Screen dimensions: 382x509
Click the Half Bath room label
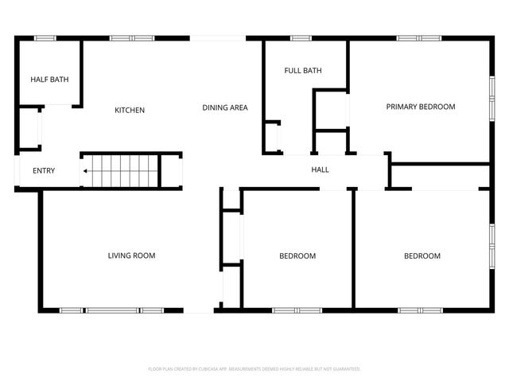(49, 80)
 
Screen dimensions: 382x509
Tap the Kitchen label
(130, 110)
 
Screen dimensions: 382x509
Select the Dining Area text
(225, 107)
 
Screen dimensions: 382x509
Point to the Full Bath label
(303, 71)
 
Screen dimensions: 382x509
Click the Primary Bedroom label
(421, 107)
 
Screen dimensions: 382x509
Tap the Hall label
(320, 170)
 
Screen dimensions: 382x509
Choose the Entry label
(44, 171)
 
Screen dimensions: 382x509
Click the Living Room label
(131, 255)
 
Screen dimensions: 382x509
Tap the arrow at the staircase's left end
(85, 170)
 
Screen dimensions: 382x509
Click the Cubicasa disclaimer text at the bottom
(254, 369)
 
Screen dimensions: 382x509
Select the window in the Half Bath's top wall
(45, 37)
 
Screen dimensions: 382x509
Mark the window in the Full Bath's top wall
(300, 37)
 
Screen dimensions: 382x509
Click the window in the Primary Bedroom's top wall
(419, 37)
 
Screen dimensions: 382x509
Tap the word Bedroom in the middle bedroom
(297, 255)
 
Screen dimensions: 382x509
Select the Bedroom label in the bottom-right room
(422, 255)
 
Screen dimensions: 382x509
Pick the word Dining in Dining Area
(214, 107)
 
